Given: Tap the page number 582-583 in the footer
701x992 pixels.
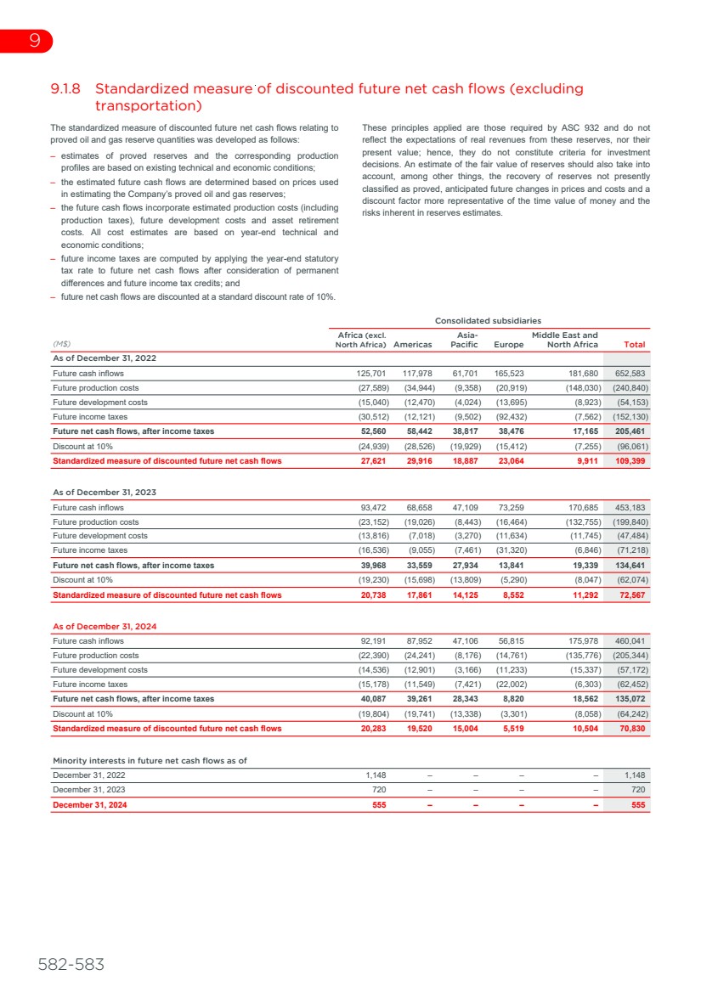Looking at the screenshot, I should [71, 965].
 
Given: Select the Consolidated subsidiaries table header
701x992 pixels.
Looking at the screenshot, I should [488, 321].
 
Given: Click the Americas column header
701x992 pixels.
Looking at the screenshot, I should [413, 344].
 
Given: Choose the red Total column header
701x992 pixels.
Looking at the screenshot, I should [634, 344].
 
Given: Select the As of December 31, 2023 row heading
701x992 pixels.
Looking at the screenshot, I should [105, 492].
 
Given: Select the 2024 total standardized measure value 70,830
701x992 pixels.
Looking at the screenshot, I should [630, 729].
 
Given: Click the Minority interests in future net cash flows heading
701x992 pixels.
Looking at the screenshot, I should [150, 760].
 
